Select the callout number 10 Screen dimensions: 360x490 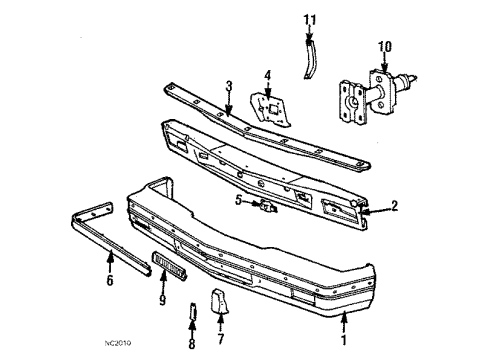click(384, 46)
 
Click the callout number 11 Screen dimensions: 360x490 click(310, 20)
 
